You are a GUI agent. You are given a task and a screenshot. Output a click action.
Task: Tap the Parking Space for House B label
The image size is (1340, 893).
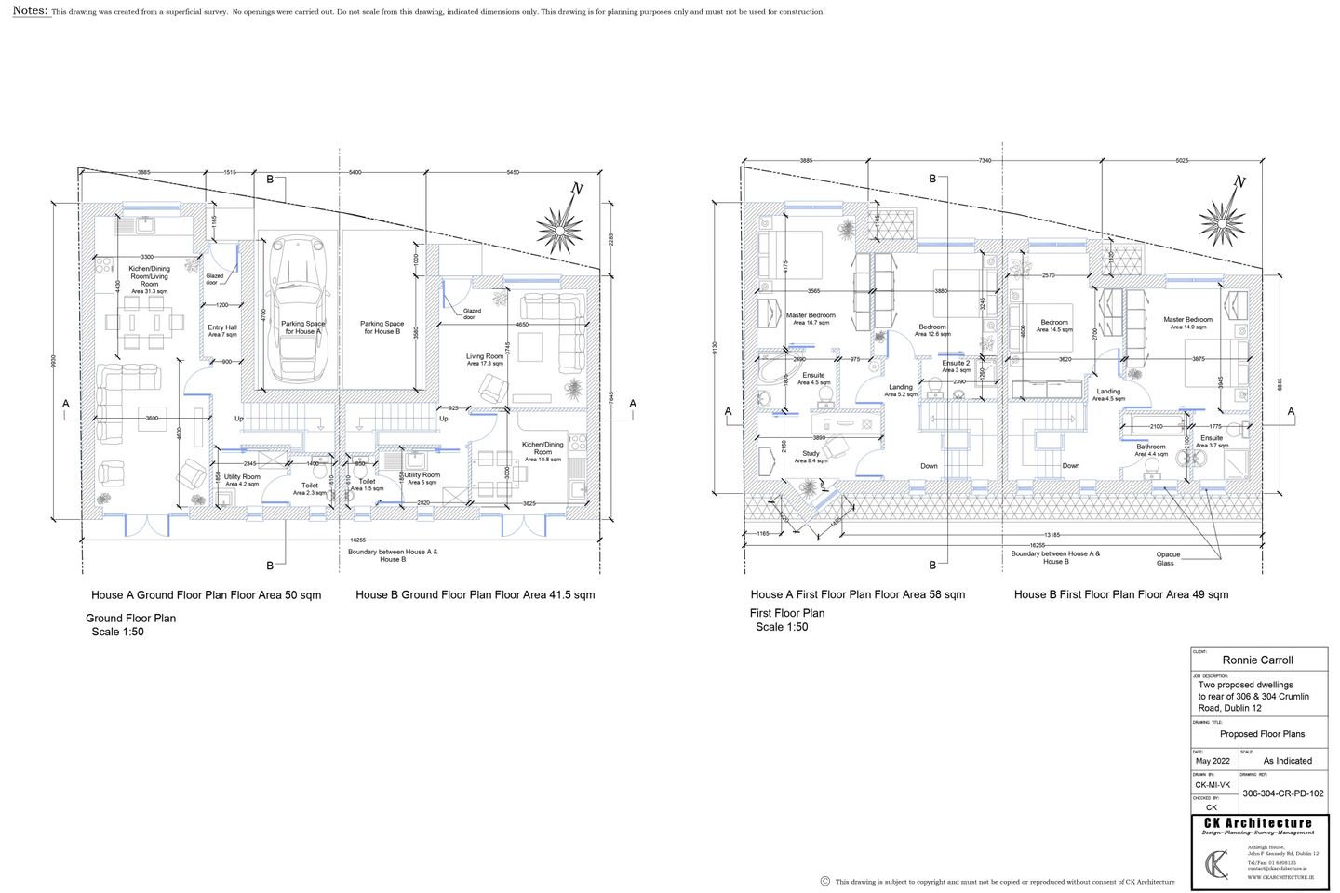coord(382,327)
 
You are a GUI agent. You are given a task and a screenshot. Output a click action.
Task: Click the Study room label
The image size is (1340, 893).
coord(811,457)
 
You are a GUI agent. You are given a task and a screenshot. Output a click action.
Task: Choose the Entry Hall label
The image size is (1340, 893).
coord(222,330)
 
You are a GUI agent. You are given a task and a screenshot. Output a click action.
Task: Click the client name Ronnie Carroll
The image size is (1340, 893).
coord(1257,660)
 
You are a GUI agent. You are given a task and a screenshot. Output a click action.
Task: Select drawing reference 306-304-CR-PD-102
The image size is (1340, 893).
coord(1282,793)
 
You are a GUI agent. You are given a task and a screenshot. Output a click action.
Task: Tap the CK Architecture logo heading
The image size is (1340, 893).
coord(1257,823)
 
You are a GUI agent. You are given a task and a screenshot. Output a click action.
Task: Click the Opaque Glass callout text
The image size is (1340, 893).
coord(1165,558)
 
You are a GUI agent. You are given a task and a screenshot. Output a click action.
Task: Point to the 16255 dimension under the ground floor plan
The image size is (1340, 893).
coord(357,540)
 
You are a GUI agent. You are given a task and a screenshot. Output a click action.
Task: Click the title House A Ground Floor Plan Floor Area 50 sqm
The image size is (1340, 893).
coord(206,595)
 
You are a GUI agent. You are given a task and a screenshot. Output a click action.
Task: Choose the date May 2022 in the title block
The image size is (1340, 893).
coord(1213,761)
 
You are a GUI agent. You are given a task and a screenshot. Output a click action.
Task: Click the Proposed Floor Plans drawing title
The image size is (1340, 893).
coord(1262,734)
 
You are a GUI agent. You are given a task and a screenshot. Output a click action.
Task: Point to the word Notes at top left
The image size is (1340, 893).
coord(30,10)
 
